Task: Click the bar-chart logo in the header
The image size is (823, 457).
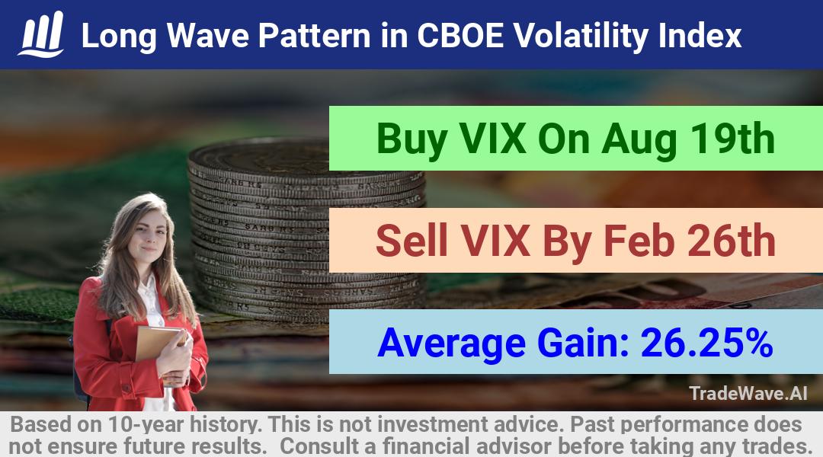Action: tap(41, 34)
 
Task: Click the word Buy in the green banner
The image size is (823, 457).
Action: tap(412, 139)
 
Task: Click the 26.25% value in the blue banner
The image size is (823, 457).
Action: tap(706, 342)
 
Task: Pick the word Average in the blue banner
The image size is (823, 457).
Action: tap(451, 344)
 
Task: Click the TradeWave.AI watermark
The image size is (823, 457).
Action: tap(748, 393)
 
